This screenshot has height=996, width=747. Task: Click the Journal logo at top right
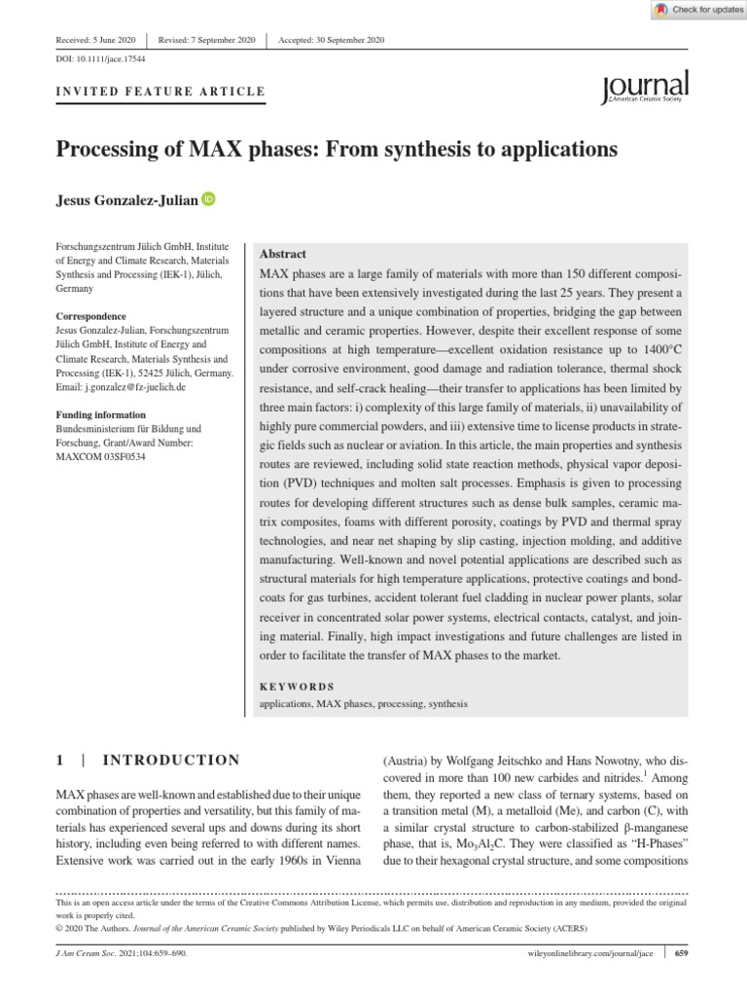pos(646,87)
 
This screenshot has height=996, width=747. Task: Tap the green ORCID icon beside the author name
pos(208,199)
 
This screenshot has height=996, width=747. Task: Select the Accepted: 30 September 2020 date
pos(332,39)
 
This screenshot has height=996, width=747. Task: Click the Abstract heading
pos(283,253)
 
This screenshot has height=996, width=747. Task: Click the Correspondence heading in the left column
pos(92,316)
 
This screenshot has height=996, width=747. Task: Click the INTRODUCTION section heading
pos(170,760)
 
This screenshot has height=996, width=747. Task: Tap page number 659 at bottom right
pos(682,953)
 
